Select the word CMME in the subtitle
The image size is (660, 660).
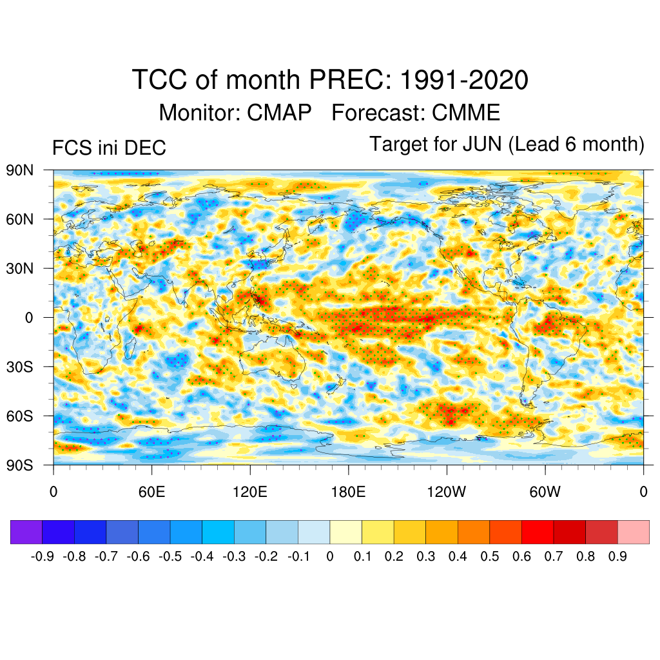(466, 113)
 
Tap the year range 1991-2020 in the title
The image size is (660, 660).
(464, 81)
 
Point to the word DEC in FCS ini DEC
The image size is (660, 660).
(149, 148)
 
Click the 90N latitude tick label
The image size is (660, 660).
(21, 170)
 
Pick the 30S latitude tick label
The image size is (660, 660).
(21, 366)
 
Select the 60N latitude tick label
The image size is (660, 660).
(21, 219)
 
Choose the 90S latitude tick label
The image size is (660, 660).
(21, 465)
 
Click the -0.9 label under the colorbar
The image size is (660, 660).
(42, 557)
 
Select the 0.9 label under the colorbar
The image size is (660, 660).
(617, 557)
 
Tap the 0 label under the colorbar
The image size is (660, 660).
(330, 557)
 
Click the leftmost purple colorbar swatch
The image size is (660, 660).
(26, 532)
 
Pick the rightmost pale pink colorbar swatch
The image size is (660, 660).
(634, 532)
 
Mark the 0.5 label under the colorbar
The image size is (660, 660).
(490, 557)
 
